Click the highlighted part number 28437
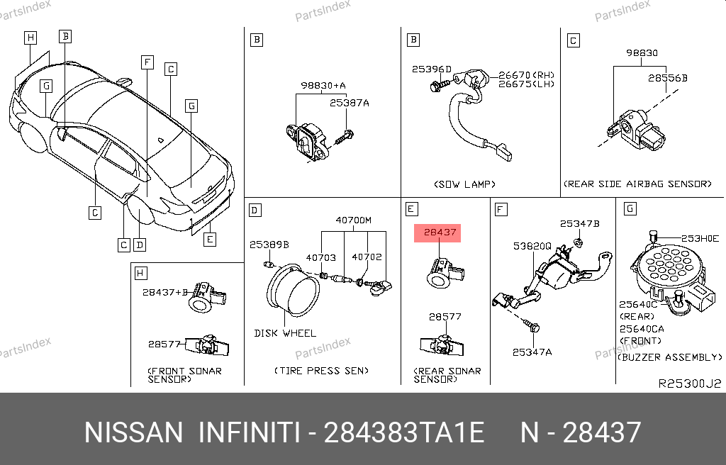440,232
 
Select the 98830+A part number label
323,85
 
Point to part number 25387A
350,103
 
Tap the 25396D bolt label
432,69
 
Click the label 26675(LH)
527,84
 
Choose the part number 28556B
668,78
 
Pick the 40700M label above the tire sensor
353,220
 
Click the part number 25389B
269,244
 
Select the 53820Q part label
532,246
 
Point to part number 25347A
532,352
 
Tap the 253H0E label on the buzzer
700,238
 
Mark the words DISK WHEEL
285,333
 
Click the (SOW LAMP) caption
465,184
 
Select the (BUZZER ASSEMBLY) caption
670,357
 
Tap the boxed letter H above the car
30,38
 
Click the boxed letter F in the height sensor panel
501,210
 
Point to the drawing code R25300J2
690,383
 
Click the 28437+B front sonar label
165,292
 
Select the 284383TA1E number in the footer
403,432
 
